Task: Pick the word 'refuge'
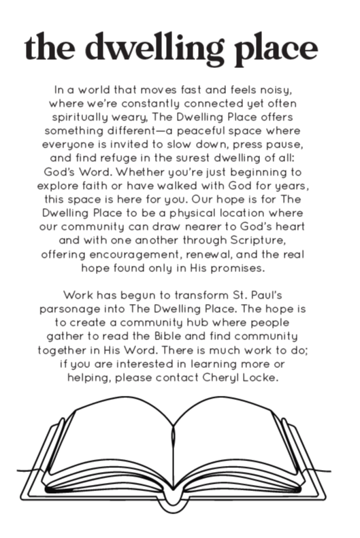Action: [122, 158]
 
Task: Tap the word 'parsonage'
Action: [83, 309]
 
